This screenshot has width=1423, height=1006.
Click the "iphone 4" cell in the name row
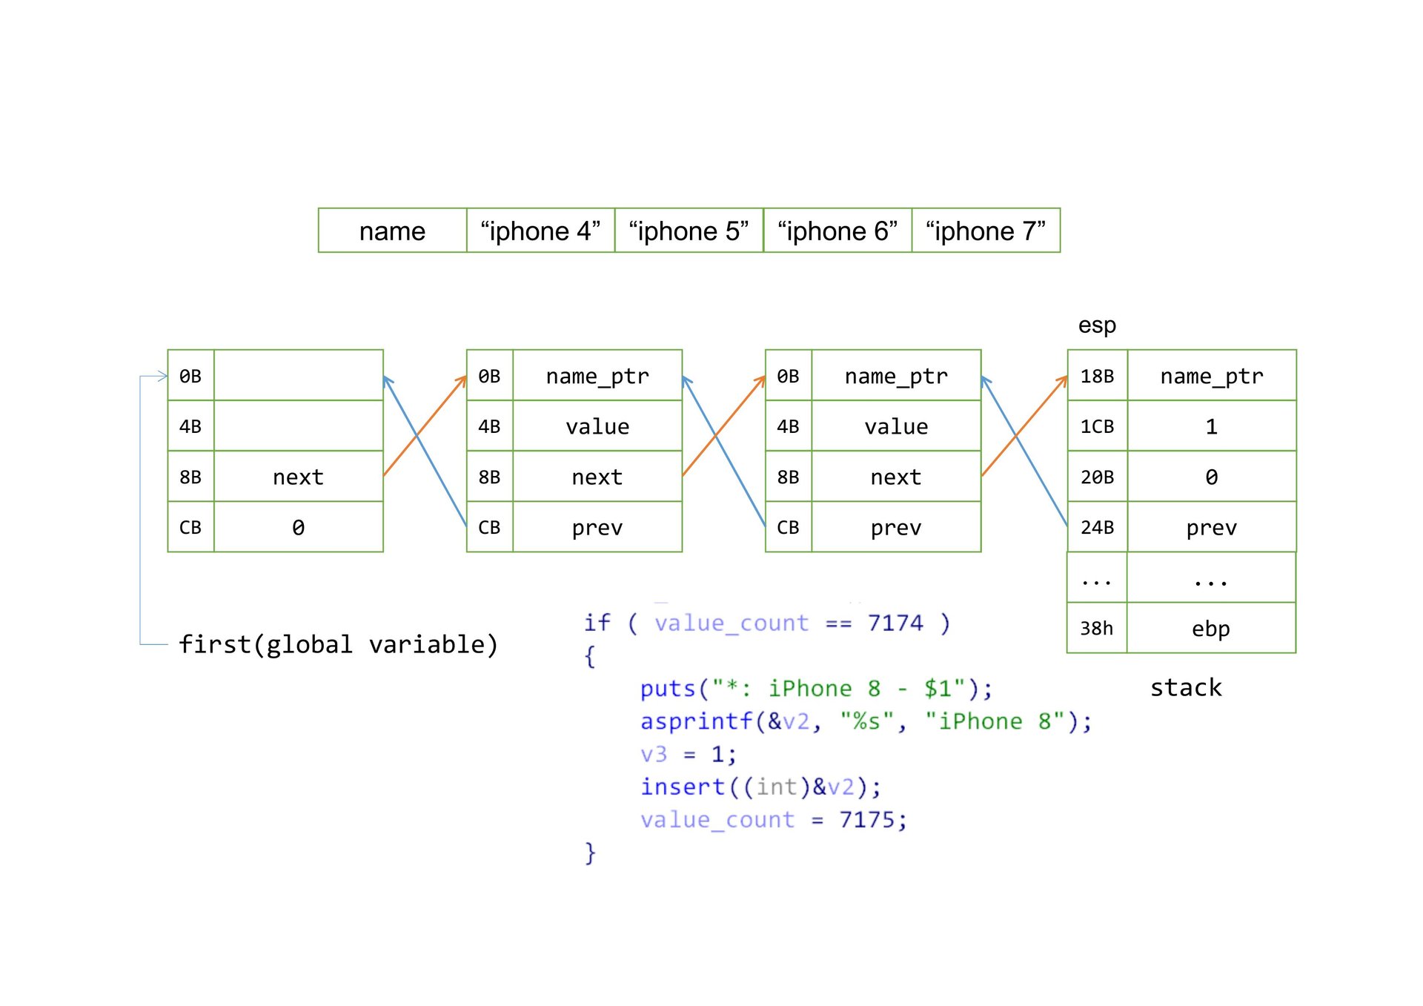540,231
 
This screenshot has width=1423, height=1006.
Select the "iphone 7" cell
986,231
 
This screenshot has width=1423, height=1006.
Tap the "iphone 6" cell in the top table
837,231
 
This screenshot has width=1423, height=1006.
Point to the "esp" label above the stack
1097,325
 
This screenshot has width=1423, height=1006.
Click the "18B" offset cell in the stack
1097,377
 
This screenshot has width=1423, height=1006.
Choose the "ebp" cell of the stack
1211,629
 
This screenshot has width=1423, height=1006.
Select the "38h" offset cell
1097,629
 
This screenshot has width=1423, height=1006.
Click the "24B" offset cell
1097,528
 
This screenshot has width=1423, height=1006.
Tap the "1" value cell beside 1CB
1211,427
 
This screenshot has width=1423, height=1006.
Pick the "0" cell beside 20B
1211,477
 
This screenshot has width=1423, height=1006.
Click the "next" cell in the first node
298,477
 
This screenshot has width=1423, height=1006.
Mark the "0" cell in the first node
298,528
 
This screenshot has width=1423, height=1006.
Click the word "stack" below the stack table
1186,688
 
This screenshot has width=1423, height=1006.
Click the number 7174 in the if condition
895,623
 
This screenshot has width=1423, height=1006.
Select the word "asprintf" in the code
696,721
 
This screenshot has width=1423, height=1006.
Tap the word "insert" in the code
682,787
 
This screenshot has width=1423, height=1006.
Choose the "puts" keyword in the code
668,689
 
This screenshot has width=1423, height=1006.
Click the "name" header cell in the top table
392,231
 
